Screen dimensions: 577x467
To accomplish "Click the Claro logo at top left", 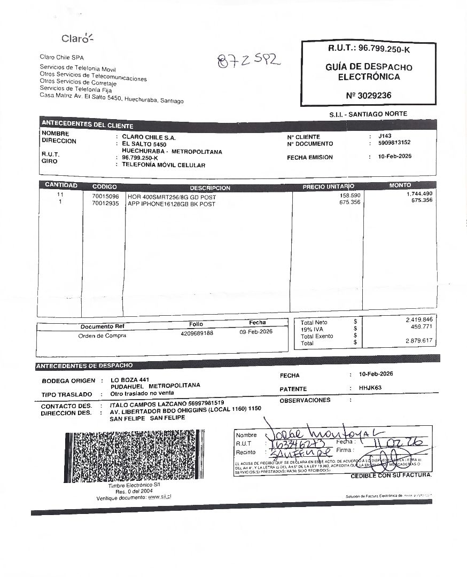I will coord(77,38).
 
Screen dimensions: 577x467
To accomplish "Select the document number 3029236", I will coord(369,95).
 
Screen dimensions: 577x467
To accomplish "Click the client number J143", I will coord(385,136).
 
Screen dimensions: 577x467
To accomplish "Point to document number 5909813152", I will coord(394,143).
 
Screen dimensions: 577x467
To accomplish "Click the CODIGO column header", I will coord(104,186).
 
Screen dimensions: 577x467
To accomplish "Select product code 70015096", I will coord(105,197).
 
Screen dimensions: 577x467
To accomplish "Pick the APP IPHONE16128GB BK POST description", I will coord(172,204).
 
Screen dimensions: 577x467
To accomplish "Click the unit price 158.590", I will coord(350,196).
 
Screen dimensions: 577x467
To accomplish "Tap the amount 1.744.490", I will coord(419,193).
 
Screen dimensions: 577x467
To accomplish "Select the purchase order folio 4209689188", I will coord(197,333).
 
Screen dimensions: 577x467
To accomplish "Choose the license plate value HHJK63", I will coord(369,389).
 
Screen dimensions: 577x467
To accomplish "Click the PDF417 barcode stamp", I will coord(134,456).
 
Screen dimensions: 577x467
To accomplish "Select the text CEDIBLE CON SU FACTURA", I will coord(391,475).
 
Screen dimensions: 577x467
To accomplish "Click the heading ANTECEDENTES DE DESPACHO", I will coord(84,366).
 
